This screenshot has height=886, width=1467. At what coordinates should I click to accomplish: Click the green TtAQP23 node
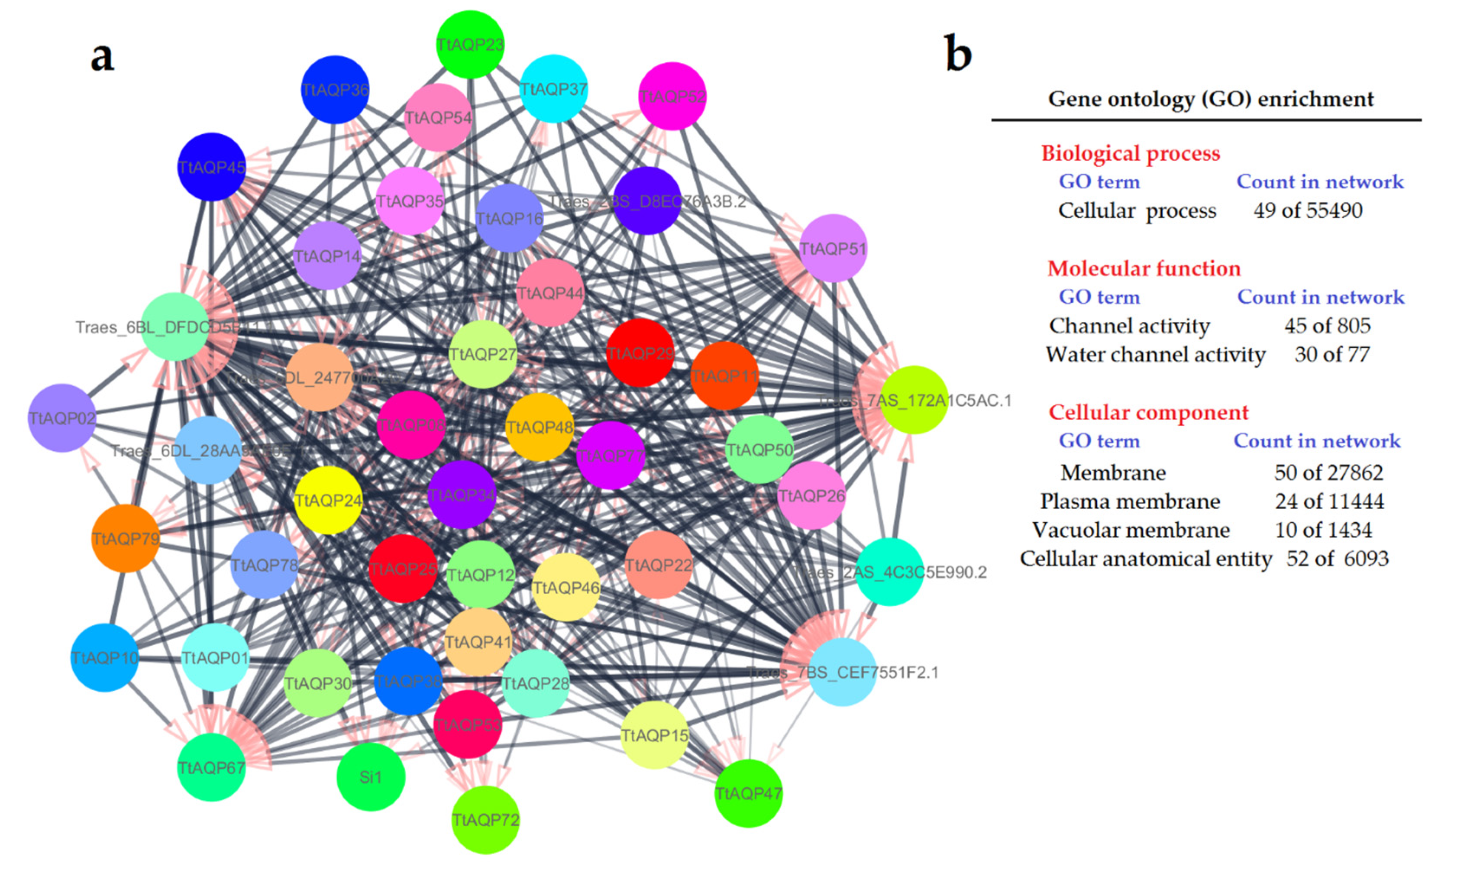pyautogui.click(x=470, y=45)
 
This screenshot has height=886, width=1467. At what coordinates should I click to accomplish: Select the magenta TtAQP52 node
pyautogui.click(x=672, y=96)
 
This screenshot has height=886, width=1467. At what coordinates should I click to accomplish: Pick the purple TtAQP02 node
pyautogui.click(x=62, y=418)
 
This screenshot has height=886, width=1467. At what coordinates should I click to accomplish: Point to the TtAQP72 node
pyautogui.click(x=486, y=819)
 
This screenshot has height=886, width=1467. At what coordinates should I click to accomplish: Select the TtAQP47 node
pyautogui.click(x=748, y=793)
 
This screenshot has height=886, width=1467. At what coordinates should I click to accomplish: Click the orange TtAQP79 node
pyautogui.click(x=126, y=538)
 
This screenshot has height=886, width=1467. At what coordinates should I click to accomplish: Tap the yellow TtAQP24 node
pyautogui.click(x=328, y=500)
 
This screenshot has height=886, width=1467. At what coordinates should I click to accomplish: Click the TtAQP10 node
pyautogui.click(x=105, y=657)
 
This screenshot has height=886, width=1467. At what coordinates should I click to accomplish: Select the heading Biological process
pyautogui.click(x=1130, y=154)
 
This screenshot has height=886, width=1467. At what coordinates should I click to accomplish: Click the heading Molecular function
pyautogui.click(x=1144, y=268)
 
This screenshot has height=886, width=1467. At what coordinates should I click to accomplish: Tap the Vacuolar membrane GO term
pyautogui.click(x=1131, y=530)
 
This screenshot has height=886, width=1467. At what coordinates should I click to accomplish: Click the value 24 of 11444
pyautogui.click(x=1329, y=501)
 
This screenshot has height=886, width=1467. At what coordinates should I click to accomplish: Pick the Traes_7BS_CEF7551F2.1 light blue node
pyautogui.click(x=842, y=672)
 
